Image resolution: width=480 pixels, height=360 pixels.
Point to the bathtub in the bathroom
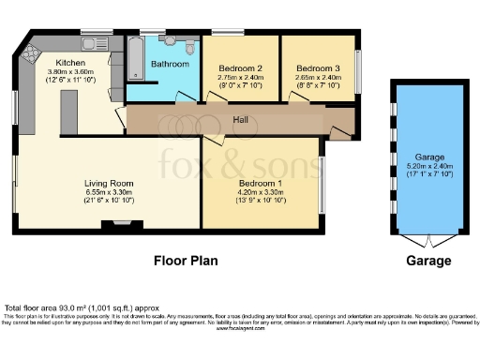click(133, 61)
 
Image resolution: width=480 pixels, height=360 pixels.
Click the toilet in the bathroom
click(190, 48)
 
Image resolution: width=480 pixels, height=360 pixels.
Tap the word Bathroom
click(171, 64)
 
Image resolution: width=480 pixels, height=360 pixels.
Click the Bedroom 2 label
click(240, 68)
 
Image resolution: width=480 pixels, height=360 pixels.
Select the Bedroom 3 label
click(317, 68)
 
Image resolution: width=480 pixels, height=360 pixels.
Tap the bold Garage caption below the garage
click(428, 261)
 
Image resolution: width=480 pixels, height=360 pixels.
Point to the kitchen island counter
click(67, 112)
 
